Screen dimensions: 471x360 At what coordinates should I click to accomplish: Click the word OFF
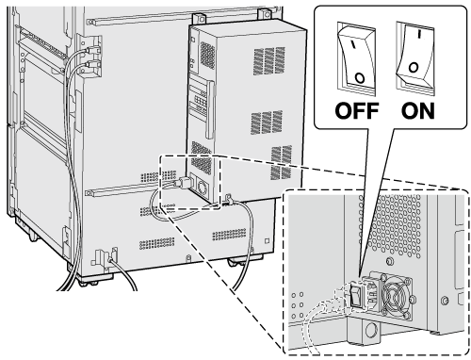click(356, 110)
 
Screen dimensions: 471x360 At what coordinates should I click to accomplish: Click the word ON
click(418, 110)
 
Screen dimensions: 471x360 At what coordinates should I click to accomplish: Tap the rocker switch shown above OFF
click(357, 58)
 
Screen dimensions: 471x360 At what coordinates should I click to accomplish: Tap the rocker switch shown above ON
click(415, 58)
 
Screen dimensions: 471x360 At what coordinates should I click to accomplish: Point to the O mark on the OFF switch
click(360, 77)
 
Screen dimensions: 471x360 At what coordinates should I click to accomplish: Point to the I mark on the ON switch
click(419, 35)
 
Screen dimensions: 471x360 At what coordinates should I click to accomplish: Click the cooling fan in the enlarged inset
click(398, 296)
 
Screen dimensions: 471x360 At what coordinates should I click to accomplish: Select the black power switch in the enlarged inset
click(356, 293)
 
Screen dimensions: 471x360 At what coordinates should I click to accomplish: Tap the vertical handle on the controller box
click(209, 109)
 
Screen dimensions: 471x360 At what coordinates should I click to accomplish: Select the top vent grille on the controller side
click(269, 60)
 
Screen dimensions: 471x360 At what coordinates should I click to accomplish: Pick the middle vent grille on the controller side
click(267, 123)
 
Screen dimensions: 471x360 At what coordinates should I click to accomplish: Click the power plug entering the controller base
click(183, 183)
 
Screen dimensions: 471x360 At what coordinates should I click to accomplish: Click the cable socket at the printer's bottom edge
click(110, 259)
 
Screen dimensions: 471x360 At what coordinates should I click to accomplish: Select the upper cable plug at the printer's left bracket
click(91, 50)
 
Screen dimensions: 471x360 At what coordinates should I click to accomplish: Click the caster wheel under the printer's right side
click(237, 261)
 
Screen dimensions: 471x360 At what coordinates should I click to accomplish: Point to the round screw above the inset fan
click(390, 261)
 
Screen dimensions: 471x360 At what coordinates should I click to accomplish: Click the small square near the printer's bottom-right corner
click(267, 241)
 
